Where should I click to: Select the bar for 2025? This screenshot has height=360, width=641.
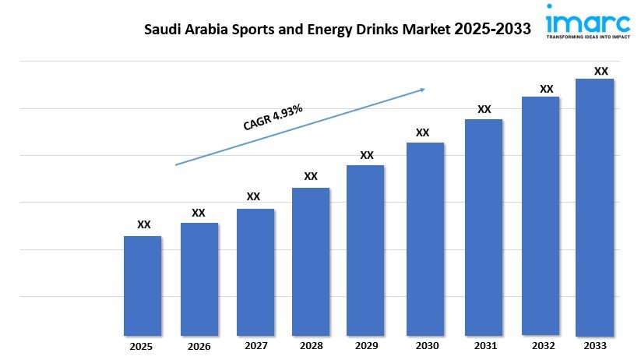143,286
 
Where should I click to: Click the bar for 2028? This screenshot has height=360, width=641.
311,262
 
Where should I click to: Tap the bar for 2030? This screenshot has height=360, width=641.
424,239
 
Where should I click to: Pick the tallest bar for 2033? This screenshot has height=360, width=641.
594,207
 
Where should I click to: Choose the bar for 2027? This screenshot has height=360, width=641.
255,272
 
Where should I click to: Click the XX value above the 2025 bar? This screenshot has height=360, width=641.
143,224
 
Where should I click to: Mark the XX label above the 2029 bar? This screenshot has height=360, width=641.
367,155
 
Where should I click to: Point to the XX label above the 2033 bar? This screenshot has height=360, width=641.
600,71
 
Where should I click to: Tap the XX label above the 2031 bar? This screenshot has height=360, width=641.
484,109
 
